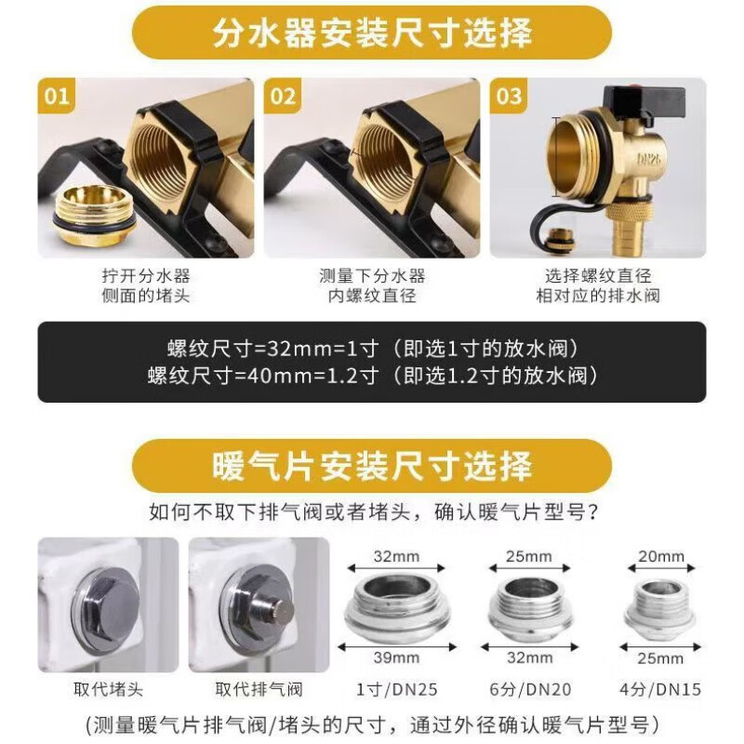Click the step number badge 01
point(56,96)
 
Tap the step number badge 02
point(282,96)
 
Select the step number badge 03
point(508,96)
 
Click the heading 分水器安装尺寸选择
point(372,33)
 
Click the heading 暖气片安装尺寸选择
point(372,466)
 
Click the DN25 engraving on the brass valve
point(648,158)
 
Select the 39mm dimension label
point(396,658)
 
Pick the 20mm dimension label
point(661,556)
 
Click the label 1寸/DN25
point(397,689)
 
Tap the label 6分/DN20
point(530,689)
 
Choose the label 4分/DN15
point(660,689)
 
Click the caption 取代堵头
point(108,689)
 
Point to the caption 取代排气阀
point(259,689)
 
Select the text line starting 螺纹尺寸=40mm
point(372,376)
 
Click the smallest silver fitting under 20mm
point(659,606)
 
